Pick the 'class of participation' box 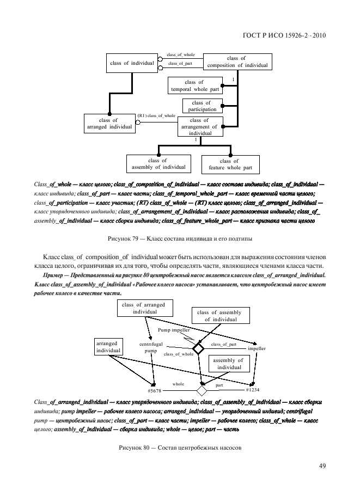(201, 106)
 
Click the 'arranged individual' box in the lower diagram (108, 347)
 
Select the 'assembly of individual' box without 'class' (228, 364)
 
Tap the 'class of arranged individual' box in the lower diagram (141, 309)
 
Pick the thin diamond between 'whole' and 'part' (202, 390)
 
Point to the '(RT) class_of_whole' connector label (156, 116)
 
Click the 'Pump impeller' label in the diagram (174, 330)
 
